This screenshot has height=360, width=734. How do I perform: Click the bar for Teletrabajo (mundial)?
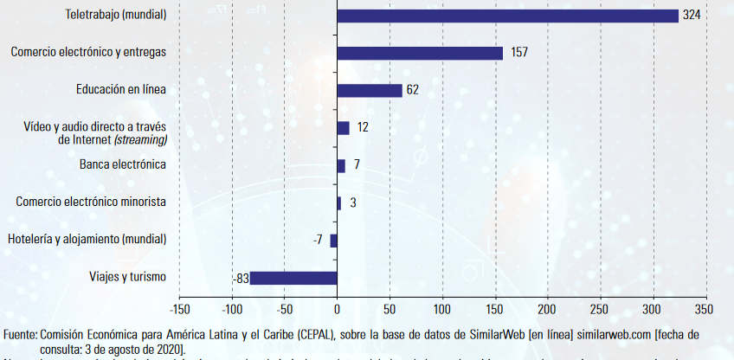pos(507,16)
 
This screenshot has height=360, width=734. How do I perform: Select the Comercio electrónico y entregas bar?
pos(420,53)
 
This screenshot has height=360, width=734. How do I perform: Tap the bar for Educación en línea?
pos(370,90)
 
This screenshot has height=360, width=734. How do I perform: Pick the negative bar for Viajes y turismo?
pos(293,278)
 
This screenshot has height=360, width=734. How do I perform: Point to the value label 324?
pos(691,16)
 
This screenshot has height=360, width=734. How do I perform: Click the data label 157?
pos(519,53)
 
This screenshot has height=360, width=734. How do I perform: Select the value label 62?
pos(412,90)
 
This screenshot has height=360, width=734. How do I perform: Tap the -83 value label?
pos(241,279)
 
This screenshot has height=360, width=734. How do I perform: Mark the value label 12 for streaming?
pos(363,127)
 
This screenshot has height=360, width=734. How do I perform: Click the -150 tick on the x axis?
pos(179,308)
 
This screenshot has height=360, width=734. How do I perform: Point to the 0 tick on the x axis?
pos(337,308)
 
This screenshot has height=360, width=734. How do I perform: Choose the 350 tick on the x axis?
pos(705,308)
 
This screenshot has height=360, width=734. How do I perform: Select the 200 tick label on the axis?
pos(548,308)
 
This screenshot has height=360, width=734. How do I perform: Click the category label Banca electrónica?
pos(123,164)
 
